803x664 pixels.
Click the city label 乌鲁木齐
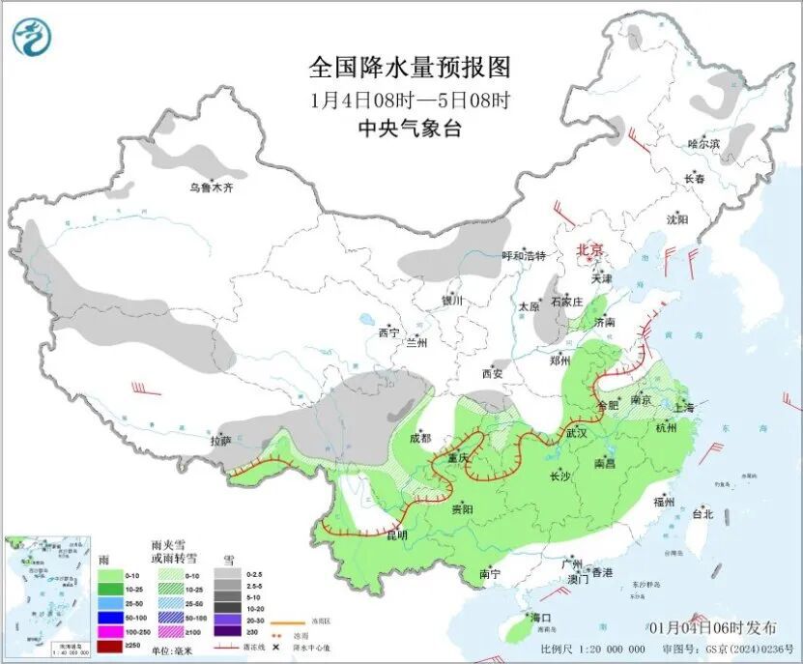click(212, 188)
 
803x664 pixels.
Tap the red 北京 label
click(589, 249)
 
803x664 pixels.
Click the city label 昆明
click(397, 534)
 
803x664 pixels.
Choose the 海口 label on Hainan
click(540, 617)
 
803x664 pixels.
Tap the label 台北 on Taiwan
click(703, 514)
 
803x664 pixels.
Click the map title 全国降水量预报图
click(409, 67)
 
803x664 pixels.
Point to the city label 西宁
click(389, 332)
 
